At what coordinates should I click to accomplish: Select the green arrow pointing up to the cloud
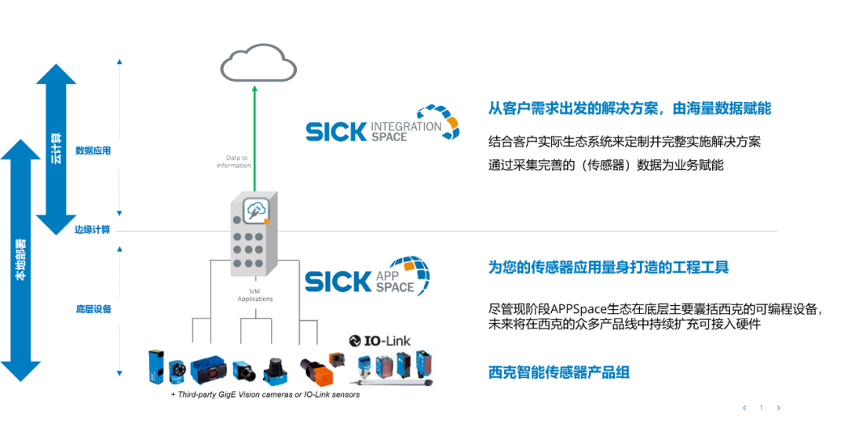254,137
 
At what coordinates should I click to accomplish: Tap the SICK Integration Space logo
382,122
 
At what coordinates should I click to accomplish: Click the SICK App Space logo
369,270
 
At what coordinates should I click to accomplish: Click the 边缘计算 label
93,230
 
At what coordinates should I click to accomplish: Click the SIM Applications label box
255,294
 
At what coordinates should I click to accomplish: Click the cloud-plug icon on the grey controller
256,211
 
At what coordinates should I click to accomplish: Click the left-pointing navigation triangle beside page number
744,408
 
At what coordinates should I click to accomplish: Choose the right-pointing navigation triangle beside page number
777,408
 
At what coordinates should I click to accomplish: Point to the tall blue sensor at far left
156,367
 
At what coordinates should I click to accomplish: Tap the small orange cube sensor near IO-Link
337,359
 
